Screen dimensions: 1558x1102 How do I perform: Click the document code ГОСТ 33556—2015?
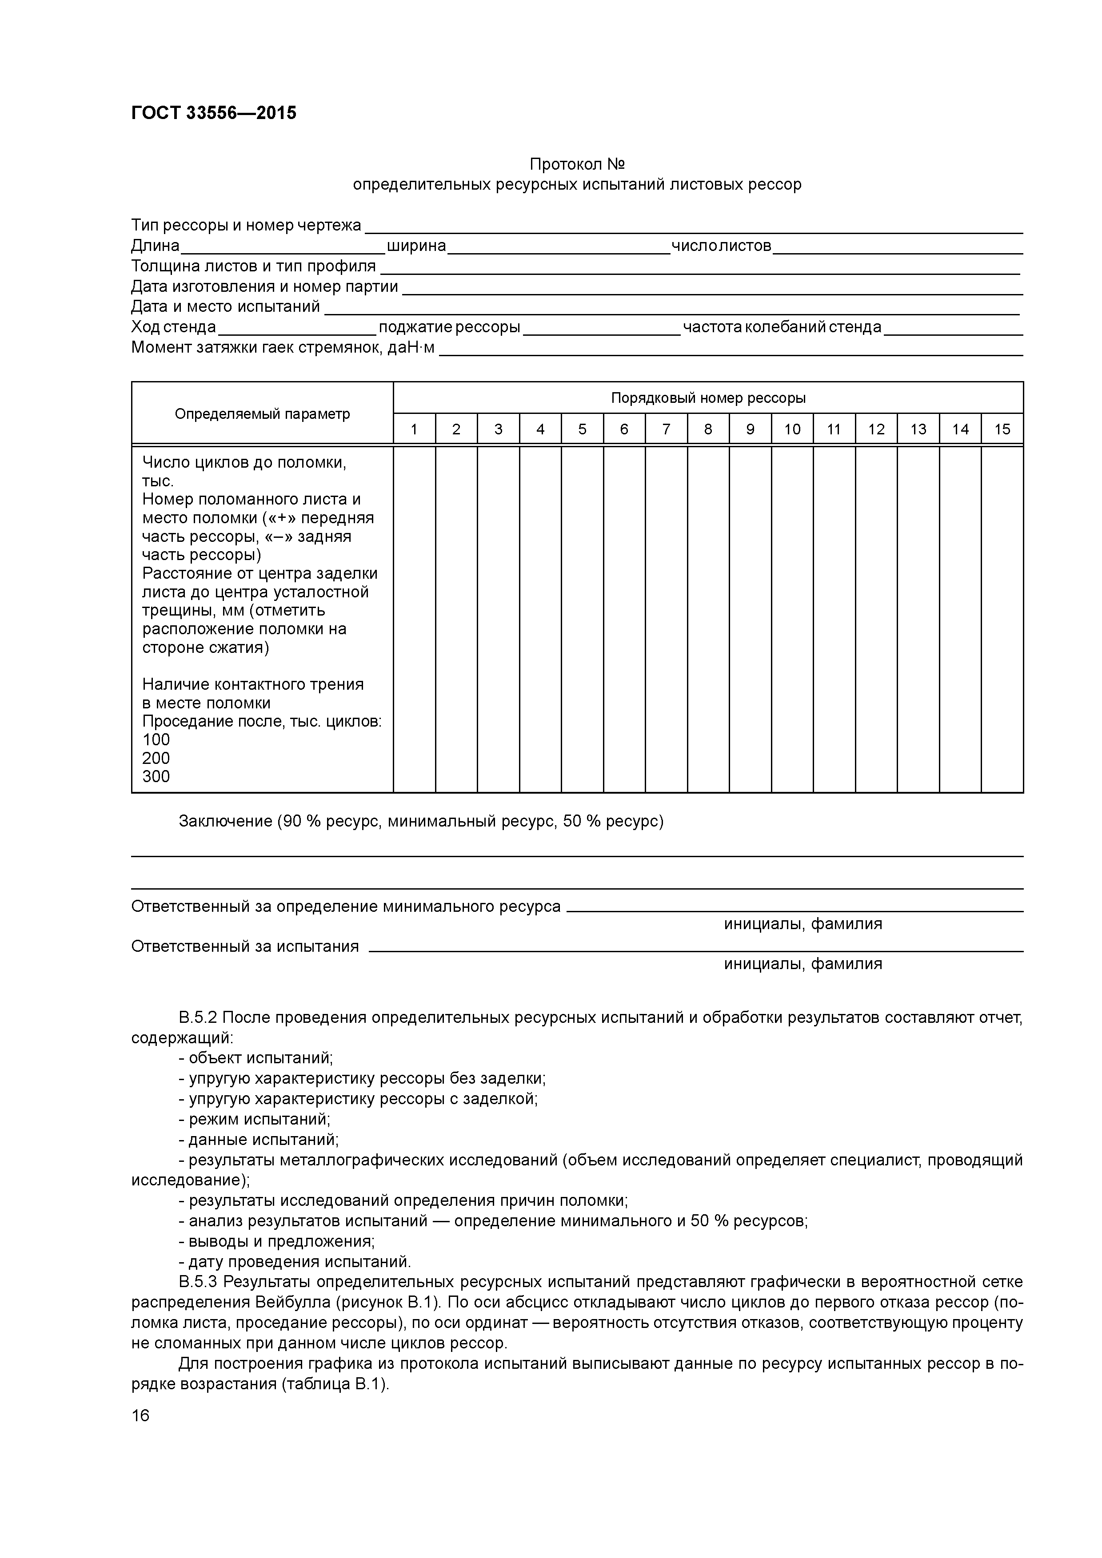point(213,113)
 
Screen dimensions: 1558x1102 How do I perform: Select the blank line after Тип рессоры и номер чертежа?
point(693,228)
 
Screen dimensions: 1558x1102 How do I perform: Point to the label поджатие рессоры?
point(450,327)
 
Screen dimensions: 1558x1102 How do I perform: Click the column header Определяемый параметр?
point(262,414)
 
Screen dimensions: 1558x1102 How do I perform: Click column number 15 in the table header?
point(1002,429)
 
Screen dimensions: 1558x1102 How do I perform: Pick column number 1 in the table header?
point(414,429)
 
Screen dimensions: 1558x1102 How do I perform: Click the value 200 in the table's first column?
point(156,758)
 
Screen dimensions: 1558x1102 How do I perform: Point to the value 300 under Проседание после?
point(156,776)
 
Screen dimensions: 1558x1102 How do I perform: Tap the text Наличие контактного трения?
point(252,684)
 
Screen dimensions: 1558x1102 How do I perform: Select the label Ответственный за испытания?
point(244,946)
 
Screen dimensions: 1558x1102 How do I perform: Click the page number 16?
point(140,1415)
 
